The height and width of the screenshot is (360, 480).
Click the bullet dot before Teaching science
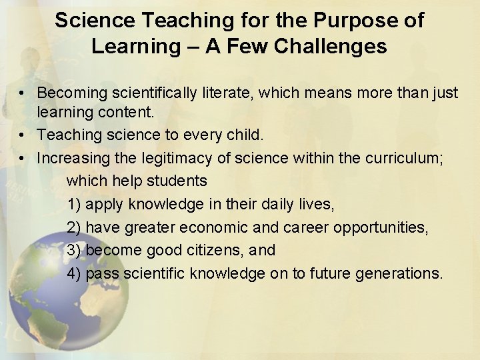point(23,135)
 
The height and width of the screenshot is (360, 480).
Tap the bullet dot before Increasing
point(23,158)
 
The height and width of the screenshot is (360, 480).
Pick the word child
point(246,135)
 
